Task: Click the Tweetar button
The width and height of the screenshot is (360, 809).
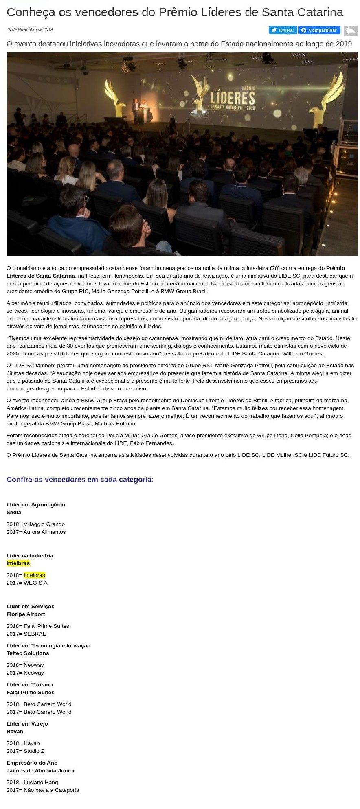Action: [283, 30]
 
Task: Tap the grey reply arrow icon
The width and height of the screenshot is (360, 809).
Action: [351, 31]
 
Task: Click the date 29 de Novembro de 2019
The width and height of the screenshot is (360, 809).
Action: [29, 30]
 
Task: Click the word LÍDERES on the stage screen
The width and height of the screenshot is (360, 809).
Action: [233, 98]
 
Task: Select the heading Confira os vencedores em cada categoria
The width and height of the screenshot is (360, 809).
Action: [79, 480]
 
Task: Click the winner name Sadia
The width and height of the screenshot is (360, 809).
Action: [14, 513]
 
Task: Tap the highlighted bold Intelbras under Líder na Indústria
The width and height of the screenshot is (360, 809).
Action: [18, 563]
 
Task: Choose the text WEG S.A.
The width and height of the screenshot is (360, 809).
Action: [36, 583]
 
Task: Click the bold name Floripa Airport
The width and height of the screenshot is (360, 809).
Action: [26, 614]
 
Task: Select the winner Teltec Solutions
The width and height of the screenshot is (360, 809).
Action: [28, 653]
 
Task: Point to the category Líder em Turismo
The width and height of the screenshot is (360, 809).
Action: [30, 685]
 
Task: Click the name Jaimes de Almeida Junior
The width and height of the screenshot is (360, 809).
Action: [41, 771]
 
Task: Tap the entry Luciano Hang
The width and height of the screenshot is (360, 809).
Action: [41, 783]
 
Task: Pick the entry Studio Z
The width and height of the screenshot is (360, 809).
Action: [34, 751]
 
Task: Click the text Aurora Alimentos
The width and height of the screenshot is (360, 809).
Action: [44, 532]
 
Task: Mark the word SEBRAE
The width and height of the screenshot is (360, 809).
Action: [35, 634]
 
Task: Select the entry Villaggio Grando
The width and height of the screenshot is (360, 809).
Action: [44, 524]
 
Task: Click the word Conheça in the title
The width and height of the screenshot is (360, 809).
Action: [29, 13]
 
